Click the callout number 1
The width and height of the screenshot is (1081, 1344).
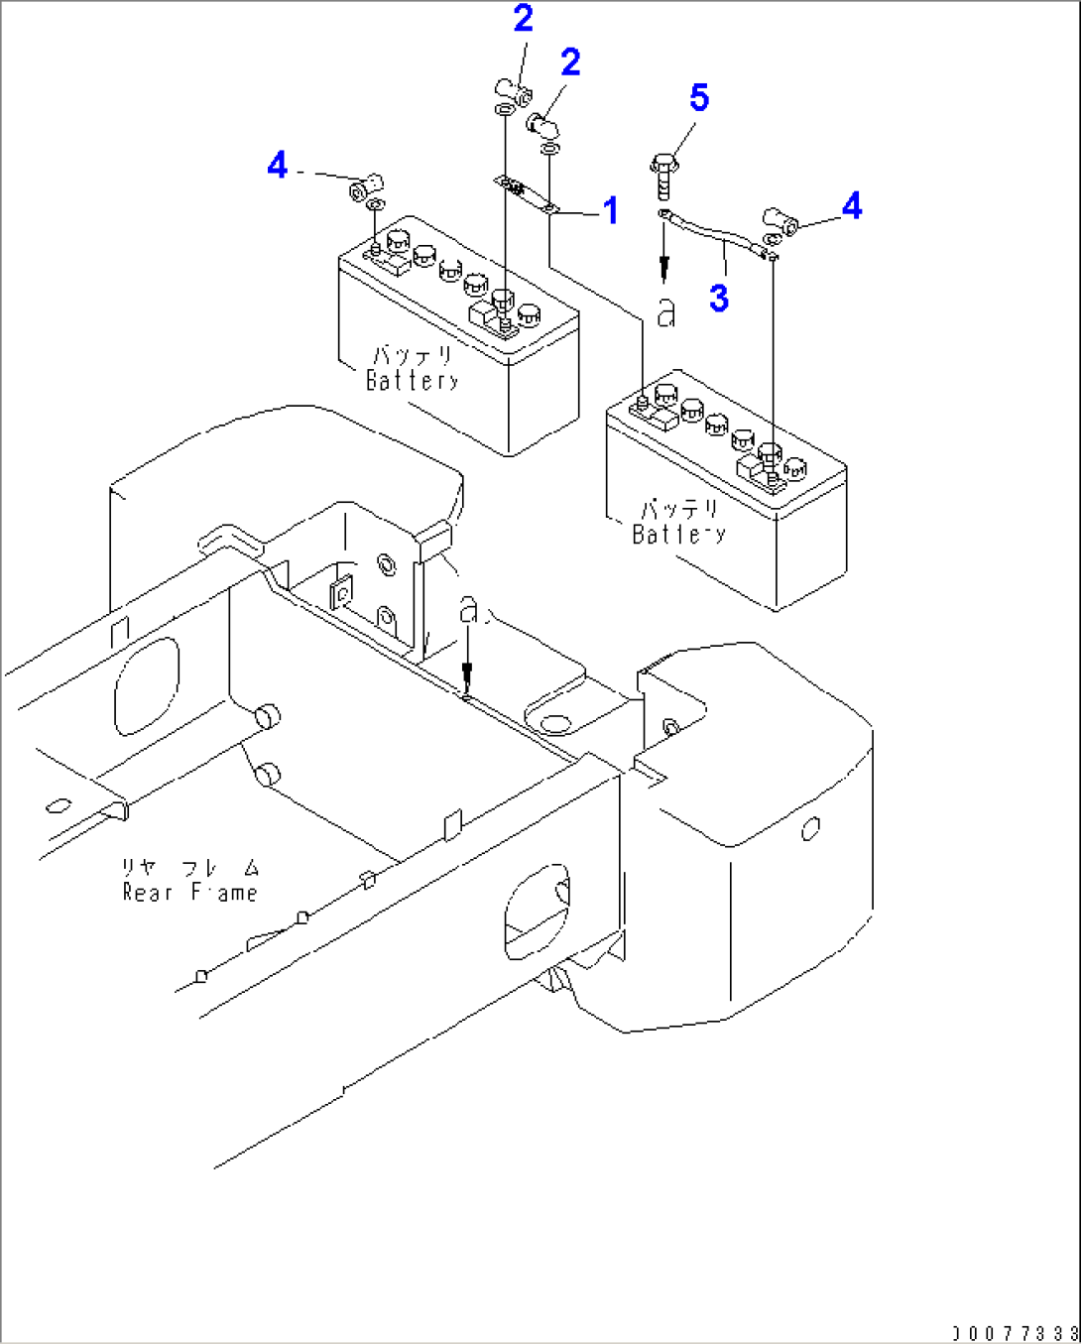click(x=611, y=210)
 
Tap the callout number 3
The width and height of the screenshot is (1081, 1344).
click(x=719, y=297)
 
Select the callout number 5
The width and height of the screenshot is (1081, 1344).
click(x=699, y=98)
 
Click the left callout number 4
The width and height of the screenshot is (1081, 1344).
click(x=278, y=165)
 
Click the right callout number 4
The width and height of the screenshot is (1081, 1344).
click(x=851, y=206)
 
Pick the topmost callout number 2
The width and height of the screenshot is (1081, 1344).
click(x=523, y=18)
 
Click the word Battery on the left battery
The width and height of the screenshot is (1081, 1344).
click(x=413, y=380)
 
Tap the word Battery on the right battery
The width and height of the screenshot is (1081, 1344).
click(x=679, y=534)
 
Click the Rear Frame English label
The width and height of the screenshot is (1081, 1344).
click(x=189, y=892)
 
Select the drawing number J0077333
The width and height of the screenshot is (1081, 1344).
click(x=1014, y=1332)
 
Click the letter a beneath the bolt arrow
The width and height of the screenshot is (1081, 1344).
click(x=666, y=313)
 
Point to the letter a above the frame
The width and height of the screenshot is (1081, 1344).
click(x=468, y=610)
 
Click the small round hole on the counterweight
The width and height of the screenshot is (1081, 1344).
click(x=810, y=827)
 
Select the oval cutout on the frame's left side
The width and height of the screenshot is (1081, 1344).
click(x=147, y=684)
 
